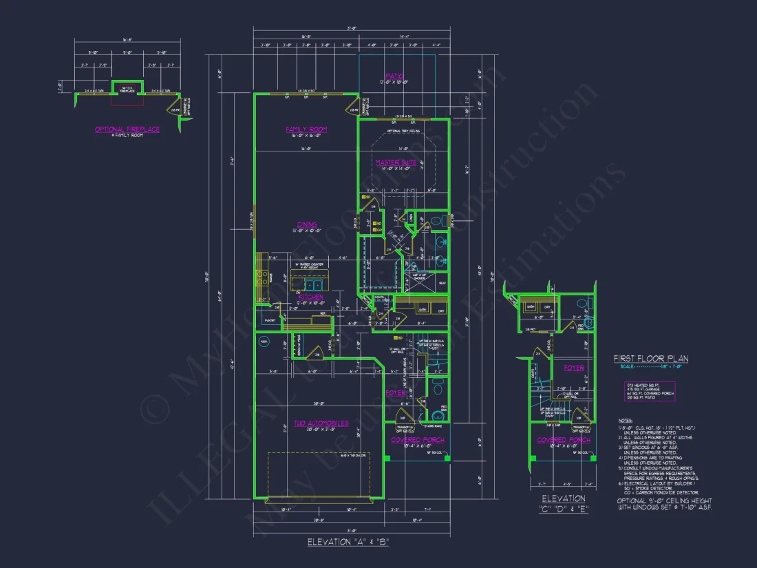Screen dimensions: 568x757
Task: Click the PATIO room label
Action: [x=395, y=76]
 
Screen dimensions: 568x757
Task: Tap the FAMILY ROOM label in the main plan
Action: [x=306, y=129]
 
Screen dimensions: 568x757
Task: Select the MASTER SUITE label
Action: [x=396, y=162]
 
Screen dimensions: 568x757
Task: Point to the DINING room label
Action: [x=307, y=224]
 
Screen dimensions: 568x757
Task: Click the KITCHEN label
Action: [x=310, y=297]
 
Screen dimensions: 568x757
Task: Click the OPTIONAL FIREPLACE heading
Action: [x=127, y=129]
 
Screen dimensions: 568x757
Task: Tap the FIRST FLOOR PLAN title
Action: [x=651, y=359]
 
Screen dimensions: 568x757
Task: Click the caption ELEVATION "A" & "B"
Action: [x=348, y=542]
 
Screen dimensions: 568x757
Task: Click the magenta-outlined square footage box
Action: [x=650, y=391]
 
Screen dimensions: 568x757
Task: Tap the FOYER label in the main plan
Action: [x=395, y=393]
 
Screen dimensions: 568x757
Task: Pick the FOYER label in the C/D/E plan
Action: [x=574, y=368]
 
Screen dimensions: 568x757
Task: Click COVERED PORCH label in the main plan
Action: [x=418, y=440]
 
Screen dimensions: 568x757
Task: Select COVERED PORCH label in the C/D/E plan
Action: [x=562, y=440]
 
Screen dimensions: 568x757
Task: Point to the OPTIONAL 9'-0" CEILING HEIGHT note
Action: [x=664, y=504]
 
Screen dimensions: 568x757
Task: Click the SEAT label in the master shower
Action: [x=441, y=282]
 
